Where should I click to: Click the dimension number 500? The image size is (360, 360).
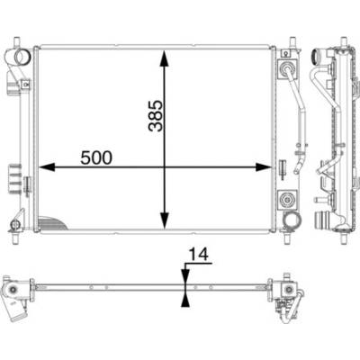click(x=96, y=157)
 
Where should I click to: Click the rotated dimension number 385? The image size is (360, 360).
click(x=156, y=116)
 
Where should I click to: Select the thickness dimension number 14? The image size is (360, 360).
click(x=198, y=255)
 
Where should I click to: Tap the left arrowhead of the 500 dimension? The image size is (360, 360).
click(x=47, y=167)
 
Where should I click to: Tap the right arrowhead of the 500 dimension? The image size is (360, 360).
click(x=264, y=167)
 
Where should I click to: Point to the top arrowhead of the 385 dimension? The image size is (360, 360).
click(x=164, y=58)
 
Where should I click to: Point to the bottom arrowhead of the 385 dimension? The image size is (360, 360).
click(x=164, y=220)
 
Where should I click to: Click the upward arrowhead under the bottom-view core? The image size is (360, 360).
click(x=185, y=299)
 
